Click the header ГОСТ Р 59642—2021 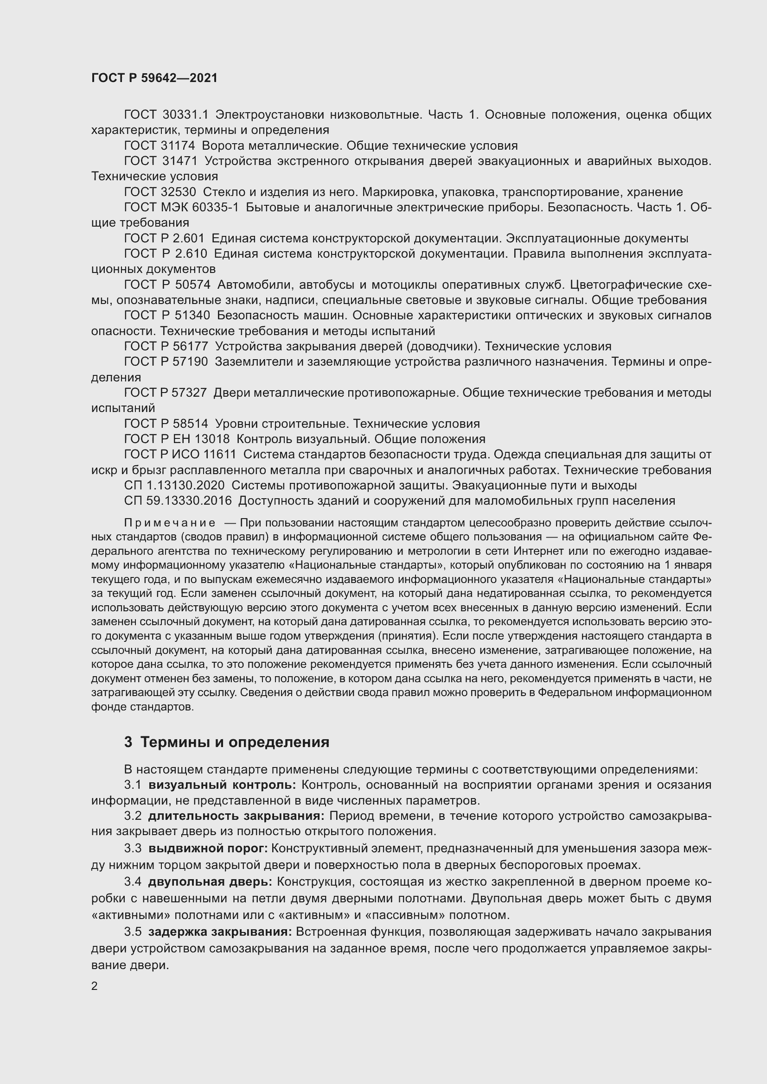point(154,78)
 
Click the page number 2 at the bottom point(95,986)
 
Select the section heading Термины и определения point(235,742)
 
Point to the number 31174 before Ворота point(179,146)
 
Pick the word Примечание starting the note point(170,523)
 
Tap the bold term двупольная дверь point(210,881)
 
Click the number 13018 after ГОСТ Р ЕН point(211,439)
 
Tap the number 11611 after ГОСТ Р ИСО point(219,455)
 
